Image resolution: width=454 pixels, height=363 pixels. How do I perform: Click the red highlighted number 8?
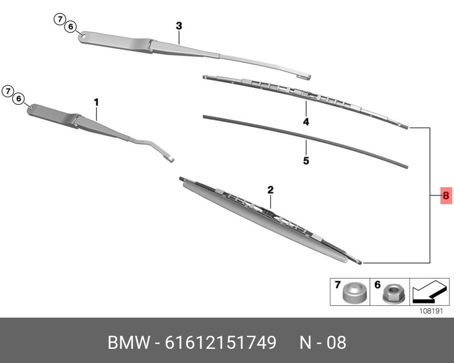[445, 196]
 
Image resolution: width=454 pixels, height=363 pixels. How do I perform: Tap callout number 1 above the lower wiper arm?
[96, 102]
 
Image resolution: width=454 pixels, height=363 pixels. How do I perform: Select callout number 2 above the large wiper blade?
[271, 189]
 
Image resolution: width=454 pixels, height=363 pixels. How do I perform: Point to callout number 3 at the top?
[179, 26]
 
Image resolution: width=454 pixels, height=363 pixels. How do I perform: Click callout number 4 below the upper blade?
[305, 122]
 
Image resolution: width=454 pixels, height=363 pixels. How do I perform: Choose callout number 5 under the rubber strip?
[306, 161]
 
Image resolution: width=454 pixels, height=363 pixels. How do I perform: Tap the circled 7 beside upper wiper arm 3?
[60, 19]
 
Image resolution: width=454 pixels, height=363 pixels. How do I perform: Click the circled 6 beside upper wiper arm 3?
[71, 27]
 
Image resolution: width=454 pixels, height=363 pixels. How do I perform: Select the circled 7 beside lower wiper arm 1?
[7, 91]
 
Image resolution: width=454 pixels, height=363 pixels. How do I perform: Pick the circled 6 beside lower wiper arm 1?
[19, 99]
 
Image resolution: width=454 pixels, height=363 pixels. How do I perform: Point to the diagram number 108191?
[430, 311]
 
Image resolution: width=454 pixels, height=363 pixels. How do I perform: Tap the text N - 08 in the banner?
[322, 343]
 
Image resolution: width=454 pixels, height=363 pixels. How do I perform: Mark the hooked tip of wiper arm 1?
[169, 158]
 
